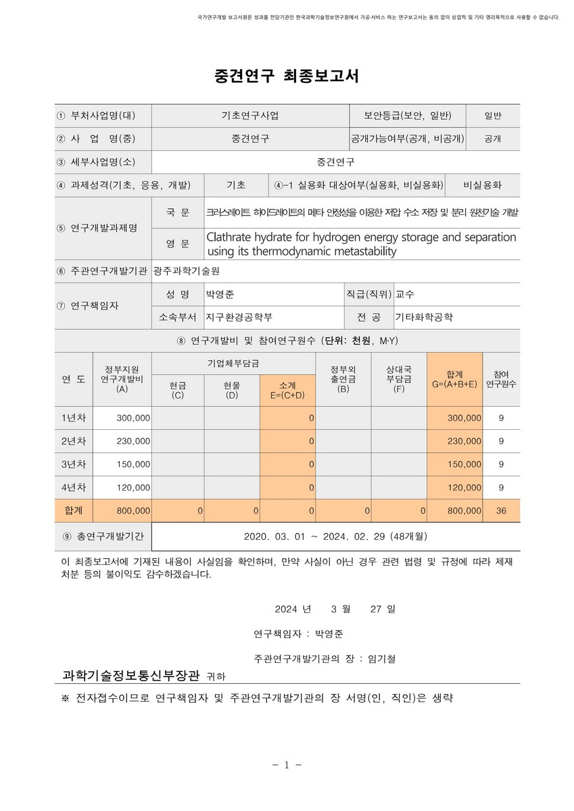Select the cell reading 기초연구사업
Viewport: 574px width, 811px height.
coord(249,116)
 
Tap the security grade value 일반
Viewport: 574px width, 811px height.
coord(493,116)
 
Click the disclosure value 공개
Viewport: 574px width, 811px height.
coord(493,139)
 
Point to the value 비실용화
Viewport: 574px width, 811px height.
coord(482,185)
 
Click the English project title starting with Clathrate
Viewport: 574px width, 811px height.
coord(361,244)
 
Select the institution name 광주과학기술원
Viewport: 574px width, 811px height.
coord(187,271)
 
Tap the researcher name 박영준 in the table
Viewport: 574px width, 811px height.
coord(220,294)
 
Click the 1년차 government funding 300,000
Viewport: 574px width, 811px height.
coord(133,418)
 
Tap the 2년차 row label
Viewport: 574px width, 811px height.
coord(74,441)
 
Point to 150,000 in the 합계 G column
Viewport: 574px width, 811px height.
coord(464,464)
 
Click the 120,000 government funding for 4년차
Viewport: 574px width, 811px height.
coord(133,487)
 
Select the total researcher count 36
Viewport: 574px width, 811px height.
coord(501,511)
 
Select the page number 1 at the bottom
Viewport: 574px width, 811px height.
coord(287,765)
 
